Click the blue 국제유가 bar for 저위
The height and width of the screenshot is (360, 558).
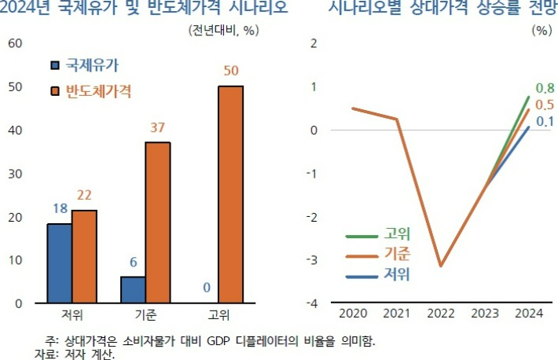pyautogui.click(x=60, y=263)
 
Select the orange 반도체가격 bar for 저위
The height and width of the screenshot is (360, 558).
pyautogui.click(x=85, y=256)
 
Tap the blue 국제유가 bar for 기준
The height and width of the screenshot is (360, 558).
pyautogui.click(x=133, y=289)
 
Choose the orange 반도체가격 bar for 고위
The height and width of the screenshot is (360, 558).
pyautogui.click(x=231, y=194)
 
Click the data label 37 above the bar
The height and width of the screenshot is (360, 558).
pyautogui.click(x=158, y=128)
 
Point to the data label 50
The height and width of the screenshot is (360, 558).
pyautogui.click(x=231, y=72)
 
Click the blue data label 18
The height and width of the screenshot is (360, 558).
pyautogui.click(x=60, y=210)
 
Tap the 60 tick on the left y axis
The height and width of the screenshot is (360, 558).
pyautogui.click(x=15, y=42)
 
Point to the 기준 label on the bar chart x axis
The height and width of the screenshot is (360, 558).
pyautogui.click(x=145, y=316)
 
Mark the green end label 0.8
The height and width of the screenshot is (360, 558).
pyautogui.click(x=544, y=88)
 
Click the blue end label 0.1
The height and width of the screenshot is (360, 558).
pyautogui.click(x=545, y=122)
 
